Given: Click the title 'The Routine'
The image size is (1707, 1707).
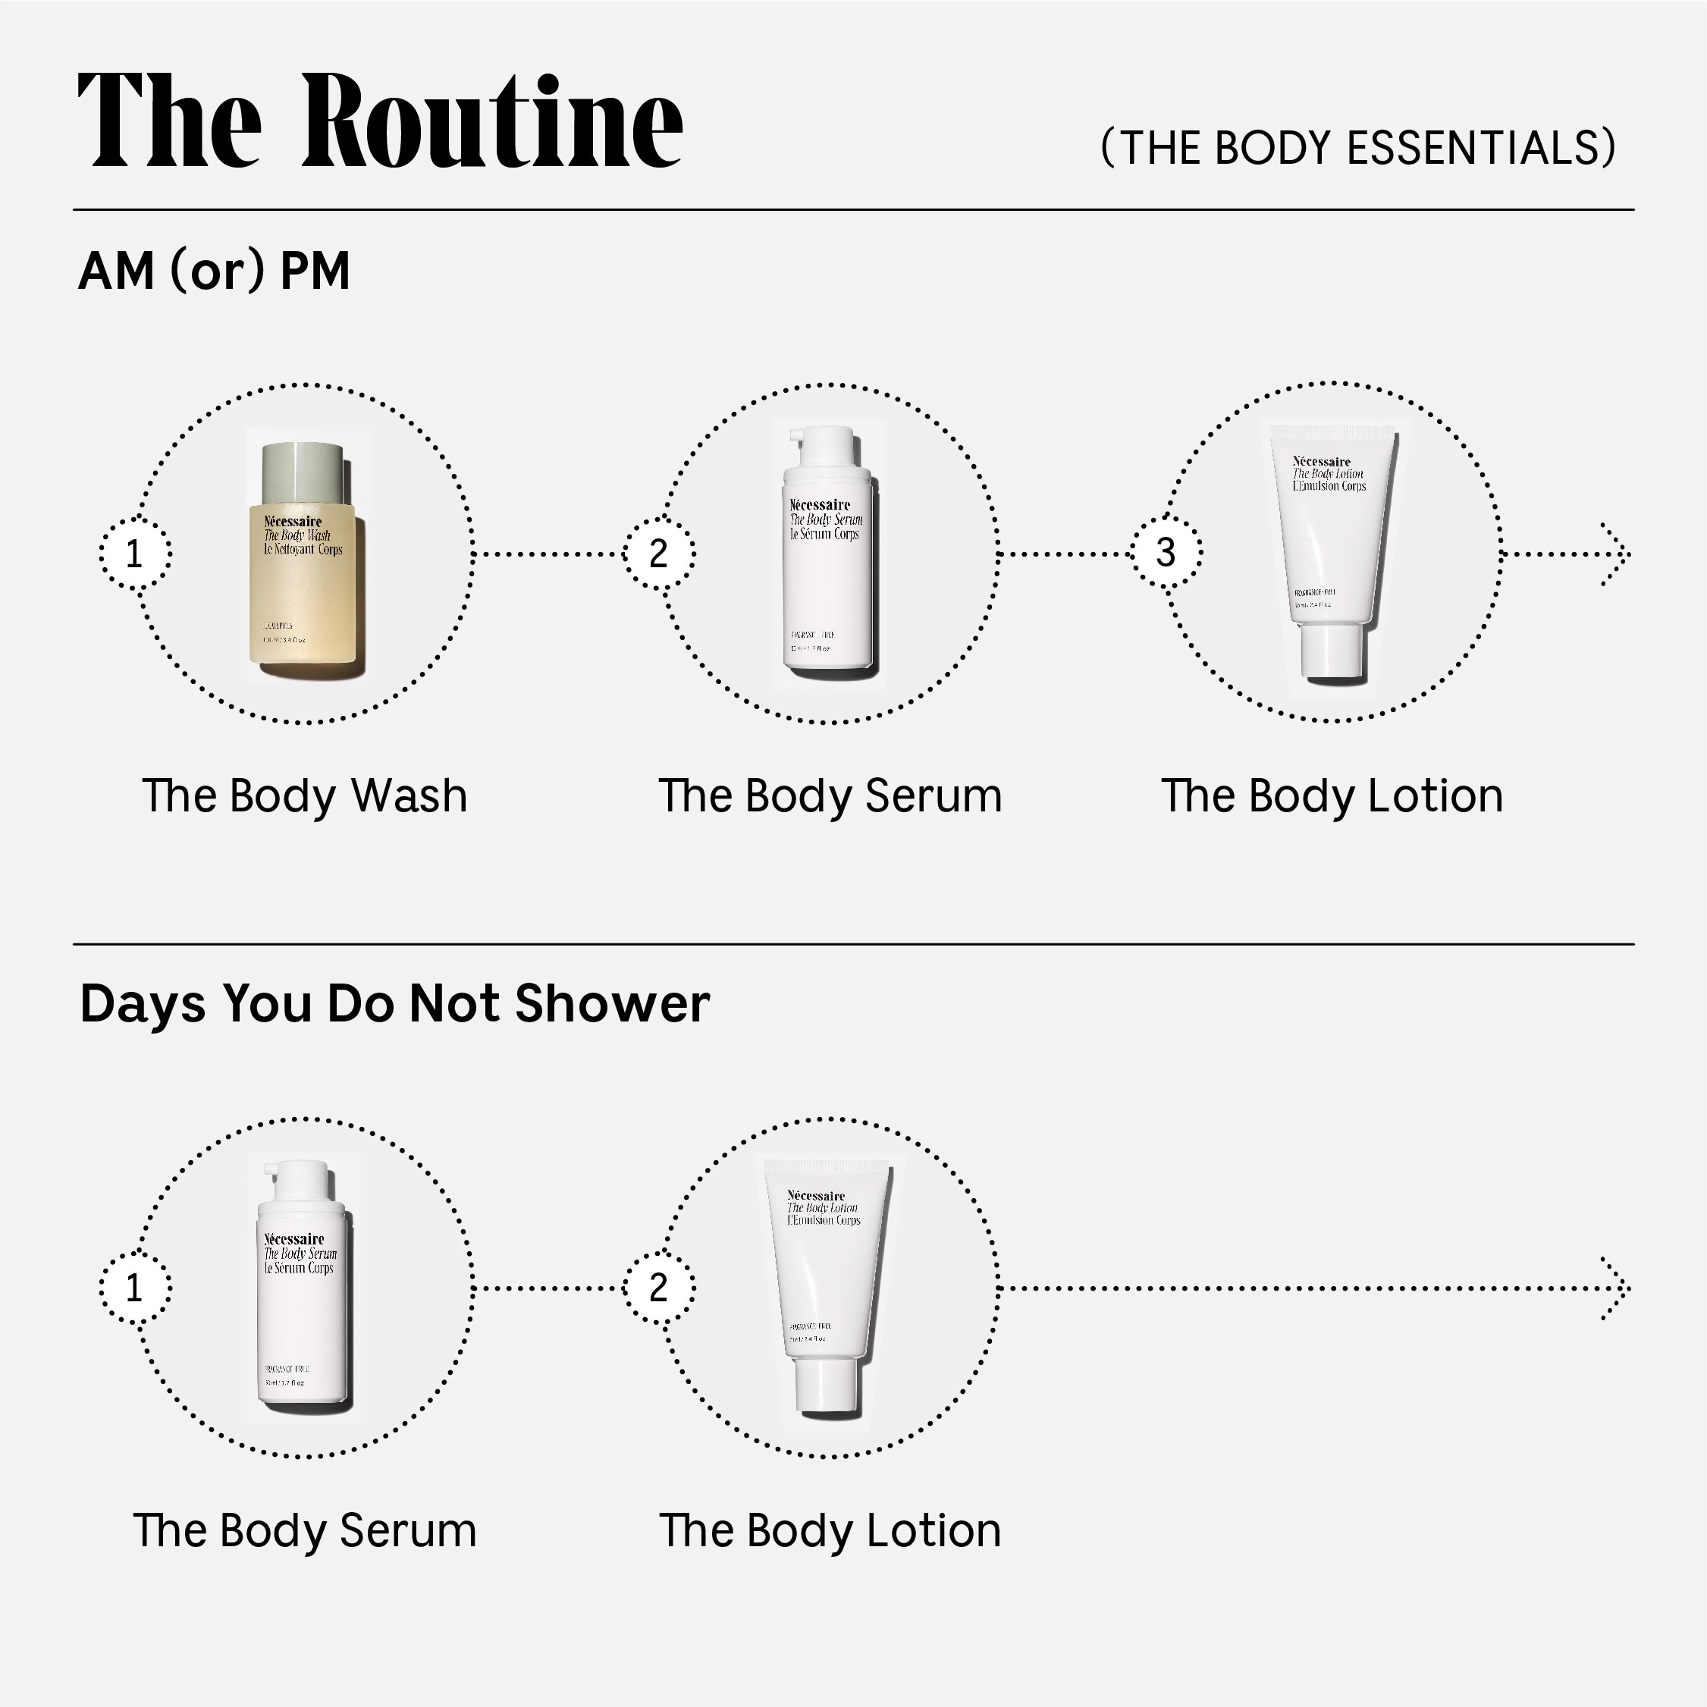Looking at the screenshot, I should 380,121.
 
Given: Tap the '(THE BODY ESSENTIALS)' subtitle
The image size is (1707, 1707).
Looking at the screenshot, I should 1358,148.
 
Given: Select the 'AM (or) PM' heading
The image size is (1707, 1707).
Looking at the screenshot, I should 215,271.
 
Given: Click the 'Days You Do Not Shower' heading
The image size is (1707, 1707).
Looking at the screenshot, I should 395,1004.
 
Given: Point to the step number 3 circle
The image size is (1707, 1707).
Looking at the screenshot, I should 1166,553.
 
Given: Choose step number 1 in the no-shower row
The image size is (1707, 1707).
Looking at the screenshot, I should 134,1288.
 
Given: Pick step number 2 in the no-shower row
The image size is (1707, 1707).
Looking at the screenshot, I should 658,1288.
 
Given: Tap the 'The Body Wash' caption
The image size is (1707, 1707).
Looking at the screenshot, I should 304,796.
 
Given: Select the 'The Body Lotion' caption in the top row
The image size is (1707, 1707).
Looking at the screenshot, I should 1332,796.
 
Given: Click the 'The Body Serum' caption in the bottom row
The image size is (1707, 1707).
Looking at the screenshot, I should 304,1531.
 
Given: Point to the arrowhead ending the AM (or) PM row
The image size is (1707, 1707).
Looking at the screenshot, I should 1617,554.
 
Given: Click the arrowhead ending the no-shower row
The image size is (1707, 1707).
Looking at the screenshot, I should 1617,1288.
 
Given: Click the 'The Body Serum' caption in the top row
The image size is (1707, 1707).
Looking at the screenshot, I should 830,796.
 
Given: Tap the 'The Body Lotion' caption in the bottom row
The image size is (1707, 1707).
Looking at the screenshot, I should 830,1531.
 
